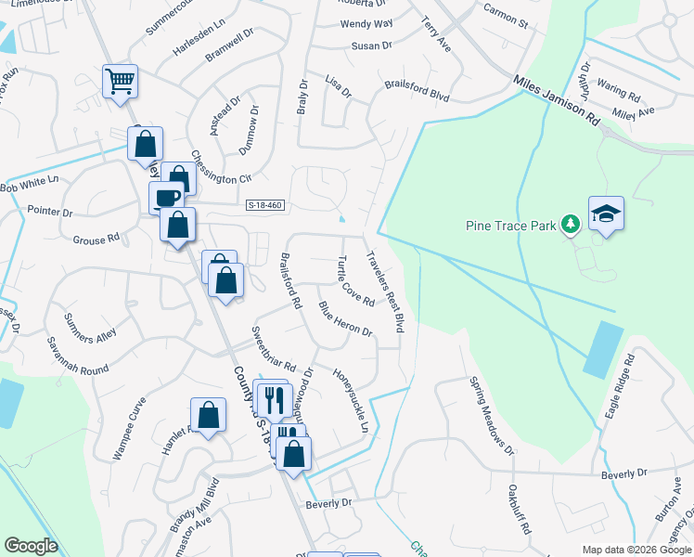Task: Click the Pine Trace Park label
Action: pos(511,225)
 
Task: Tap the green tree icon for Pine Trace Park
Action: pos(572,225)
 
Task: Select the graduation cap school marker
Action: pos(606,214)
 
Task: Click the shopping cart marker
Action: pos(120,82)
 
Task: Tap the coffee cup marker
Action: pos(167,197)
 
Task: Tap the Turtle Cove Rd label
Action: pos(355,281)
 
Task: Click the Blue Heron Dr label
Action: pos(344,318)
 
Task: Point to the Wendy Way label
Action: pos(366,23)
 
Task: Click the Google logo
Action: pos(32,546)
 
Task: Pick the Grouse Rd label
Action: pos(96,239)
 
